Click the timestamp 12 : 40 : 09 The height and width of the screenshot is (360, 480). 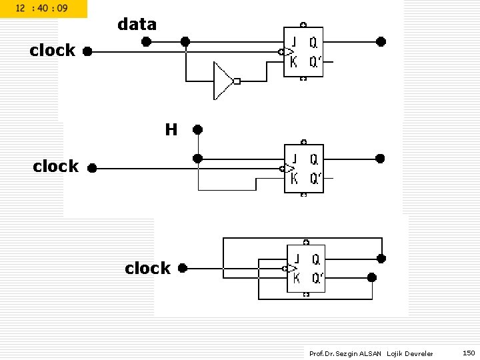pos(41,9)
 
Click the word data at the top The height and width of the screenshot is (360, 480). pos(137,25)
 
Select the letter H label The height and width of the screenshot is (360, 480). pos(171,130)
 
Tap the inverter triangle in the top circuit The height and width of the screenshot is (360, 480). pos(222,81)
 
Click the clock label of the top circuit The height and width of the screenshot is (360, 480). pos(53,51)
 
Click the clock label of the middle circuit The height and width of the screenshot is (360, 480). pos(55,167)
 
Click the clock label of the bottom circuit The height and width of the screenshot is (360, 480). pos(147,269)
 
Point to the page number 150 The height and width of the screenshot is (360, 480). pos(469,353)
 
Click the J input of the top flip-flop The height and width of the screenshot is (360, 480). pos(293,41)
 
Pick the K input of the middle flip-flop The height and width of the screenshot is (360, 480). pos(294,179)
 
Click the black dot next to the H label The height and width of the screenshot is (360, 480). pos(197,129)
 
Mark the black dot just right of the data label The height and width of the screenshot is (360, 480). pos(146,41)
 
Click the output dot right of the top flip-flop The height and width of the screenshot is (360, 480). pos(381,41)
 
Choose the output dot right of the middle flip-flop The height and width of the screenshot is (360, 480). pos(380,159)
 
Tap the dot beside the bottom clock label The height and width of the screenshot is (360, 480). pos(182,268)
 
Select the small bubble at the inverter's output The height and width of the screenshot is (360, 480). pos(237,81)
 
